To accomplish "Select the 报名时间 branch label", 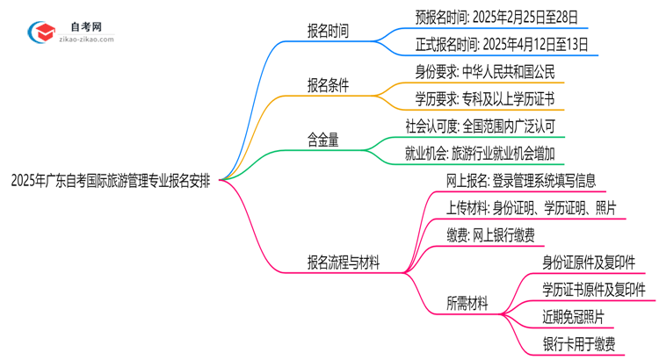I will pyautogui.click(x=328, y=32).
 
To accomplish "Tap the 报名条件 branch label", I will pyautogui.click(x=328, y=85).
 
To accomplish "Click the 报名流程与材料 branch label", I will pyautogui.click(x=343, y=263).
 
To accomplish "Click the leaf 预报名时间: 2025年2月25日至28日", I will pyautogui.click(x=501, y=16).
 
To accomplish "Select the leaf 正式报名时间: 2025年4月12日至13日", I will pyautogui.click(x=501, y=43).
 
